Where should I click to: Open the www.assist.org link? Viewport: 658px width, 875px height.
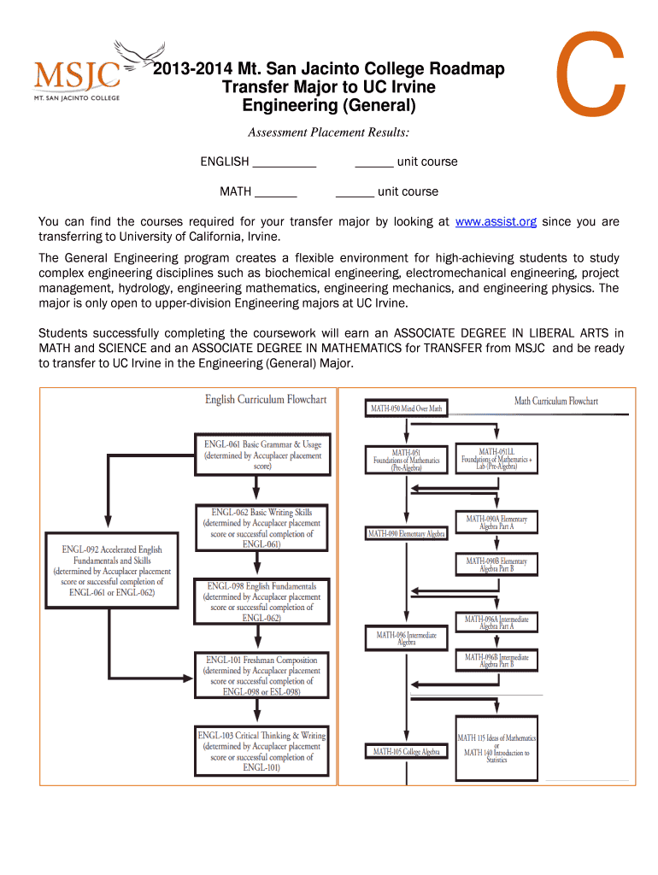[496, 222]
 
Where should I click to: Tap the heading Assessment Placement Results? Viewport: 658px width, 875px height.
[328, 132]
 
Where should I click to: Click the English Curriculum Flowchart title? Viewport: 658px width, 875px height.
[265, 400]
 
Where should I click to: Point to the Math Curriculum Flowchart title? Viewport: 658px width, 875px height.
[555, 401]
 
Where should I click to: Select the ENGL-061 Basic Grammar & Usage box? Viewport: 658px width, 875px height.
[263, 455]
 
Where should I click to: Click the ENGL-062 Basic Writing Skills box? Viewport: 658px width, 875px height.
[261, 527]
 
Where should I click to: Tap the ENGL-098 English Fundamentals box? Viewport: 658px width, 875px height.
[261, 602]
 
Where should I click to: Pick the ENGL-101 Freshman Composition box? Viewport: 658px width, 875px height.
[261, 675]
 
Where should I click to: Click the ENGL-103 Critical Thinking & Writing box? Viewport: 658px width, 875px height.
[261, 751]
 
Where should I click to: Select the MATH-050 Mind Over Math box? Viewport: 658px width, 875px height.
[406, 409]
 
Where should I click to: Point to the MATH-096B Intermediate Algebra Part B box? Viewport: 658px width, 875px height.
[496, 661]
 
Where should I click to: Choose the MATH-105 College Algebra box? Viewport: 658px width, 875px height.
[407, 752]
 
